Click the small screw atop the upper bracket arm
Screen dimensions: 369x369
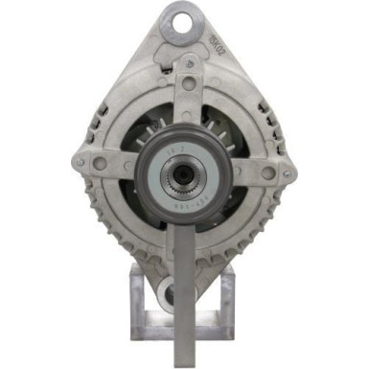[x=188, y=63]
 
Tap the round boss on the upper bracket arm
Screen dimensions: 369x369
[x=188, y=84]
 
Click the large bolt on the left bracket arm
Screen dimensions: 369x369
[x=100, y=164]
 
